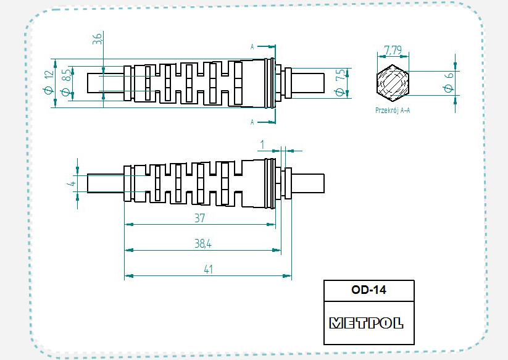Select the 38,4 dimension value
(202, 244)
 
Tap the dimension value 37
(199, 218)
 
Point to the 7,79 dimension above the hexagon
(393, 49)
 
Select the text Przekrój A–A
(393, 111)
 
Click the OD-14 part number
(369, 290)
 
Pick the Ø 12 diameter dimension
(49, 82)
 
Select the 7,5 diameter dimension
(338, 82)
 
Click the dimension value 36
(97, 41)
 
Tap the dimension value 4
(72, 183)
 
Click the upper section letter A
(252, 47)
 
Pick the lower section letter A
(252, 122)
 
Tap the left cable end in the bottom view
(106, 183)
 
